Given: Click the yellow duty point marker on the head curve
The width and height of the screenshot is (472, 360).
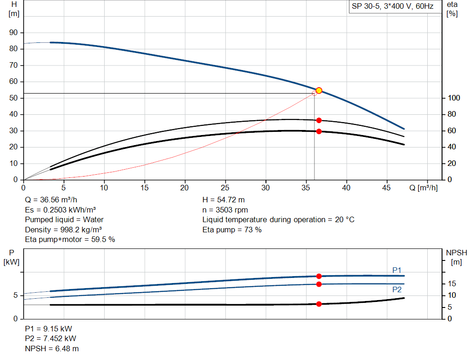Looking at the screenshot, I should tap(319, 91).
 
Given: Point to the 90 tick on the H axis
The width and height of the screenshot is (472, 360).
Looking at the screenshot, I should tap(14, 33).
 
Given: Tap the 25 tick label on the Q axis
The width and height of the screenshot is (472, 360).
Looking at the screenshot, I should tap(225, 188).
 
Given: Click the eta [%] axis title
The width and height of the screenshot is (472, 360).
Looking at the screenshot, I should tap(452, 9).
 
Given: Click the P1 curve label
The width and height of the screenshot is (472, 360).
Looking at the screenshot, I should tap(397, 270).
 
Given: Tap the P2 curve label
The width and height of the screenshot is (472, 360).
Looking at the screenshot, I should tap(397, 289).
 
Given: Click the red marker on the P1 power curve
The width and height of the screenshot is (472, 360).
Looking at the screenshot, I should tap(319, 276).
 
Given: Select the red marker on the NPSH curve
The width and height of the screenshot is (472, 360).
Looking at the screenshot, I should tap(319, 304).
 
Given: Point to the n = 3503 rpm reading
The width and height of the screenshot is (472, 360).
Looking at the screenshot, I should tap(225, 210).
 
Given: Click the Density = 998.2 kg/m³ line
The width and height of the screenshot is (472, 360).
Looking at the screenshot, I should tap(64, 230).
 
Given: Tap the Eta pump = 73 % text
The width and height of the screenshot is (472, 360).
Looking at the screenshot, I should tap(232, 230).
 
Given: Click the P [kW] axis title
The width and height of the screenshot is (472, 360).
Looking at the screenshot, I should tap(11, 257).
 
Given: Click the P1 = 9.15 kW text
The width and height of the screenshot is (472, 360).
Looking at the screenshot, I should tap(48, 329).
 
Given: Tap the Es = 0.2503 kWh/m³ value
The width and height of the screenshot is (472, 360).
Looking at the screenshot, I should tap(60, 210).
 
